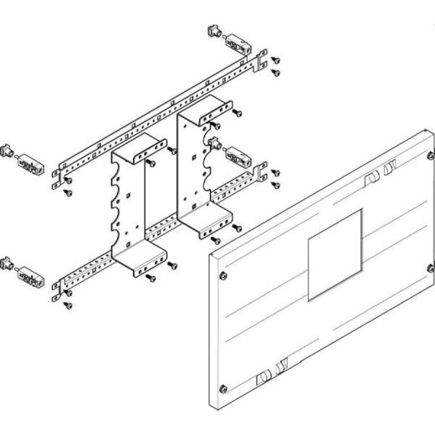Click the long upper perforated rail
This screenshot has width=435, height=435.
159,114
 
